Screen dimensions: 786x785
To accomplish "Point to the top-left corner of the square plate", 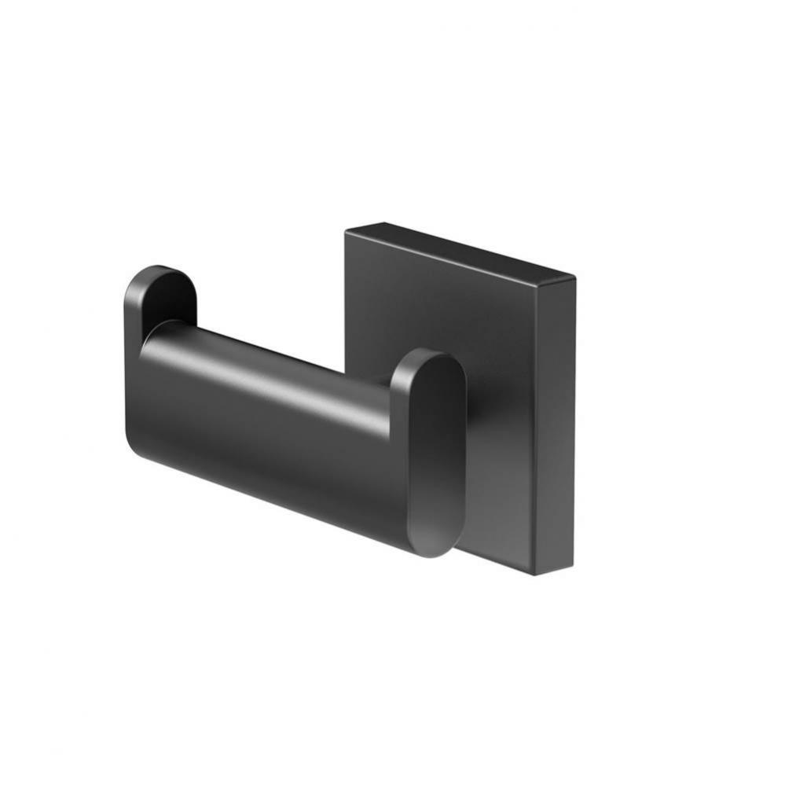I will click(x=347, y=228).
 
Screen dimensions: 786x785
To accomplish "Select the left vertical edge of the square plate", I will click(x=346, y=299).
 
